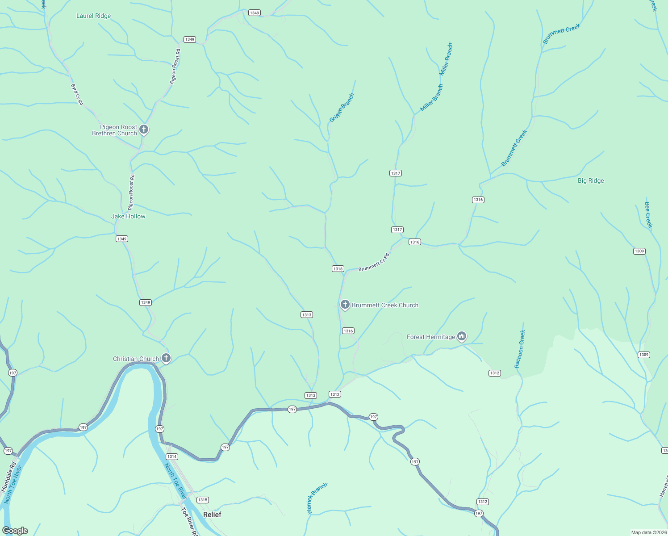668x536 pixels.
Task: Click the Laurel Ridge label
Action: pos(93,16)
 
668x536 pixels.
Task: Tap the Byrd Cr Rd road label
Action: pos(77,94)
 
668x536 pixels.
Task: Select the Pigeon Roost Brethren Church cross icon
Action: pos(144,130)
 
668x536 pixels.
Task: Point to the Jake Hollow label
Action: pos(128,216)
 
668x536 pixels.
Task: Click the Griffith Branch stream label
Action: pos(342,108)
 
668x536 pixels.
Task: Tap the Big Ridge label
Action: pos(591,180)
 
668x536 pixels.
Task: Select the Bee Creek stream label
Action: pos(648,214)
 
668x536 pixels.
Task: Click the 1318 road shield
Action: pos(338,269)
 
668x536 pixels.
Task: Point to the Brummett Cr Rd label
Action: pos(374,262)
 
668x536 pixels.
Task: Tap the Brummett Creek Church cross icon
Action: pos(345,305)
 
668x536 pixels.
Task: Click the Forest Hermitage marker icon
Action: pos(462,336)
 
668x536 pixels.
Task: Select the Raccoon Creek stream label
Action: pos(520,349)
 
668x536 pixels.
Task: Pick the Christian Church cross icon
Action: pos(166,358)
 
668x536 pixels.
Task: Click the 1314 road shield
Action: pos(172,456)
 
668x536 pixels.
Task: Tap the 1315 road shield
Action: pos(203,500)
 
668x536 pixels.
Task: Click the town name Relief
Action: pos(212,515)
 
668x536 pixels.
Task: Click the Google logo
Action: pos(15,531)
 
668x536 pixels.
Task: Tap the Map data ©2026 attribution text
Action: pos(648,532)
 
